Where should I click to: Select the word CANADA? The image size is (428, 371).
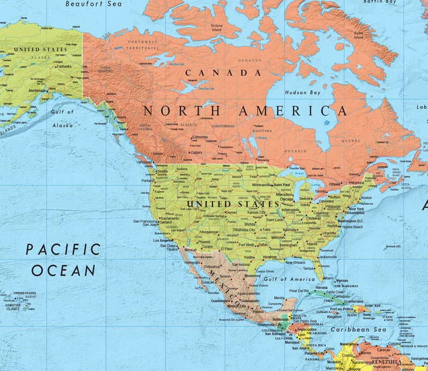coord(224,72)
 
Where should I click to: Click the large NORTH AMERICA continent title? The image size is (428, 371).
coord(246,111)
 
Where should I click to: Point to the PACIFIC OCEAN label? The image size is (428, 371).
coord(64,259)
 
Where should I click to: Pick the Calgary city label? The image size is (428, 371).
coord(196,152)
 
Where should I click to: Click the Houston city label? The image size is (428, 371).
coord(270,257)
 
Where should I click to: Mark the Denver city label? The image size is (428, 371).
coord(231,212)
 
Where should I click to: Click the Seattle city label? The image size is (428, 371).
coord(162,171)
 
